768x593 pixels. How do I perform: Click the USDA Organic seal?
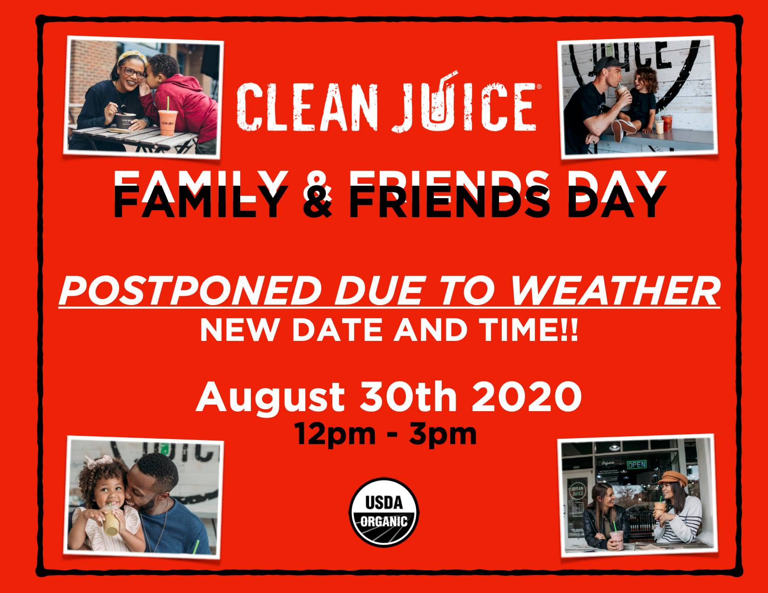click(384, 512)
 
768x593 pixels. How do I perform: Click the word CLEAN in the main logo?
click(307, 107)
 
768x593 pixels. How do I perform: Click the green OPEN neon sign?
click(637, 465)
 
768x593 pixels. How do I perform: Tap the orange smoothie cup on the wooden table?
click(168, 122)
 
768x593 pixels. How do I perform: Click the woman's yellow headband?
click(133, 57)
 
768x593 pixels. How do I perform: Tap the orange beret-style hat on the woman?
click(673, 478)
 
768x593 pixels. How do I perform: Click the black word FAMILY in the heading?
click(199, 201)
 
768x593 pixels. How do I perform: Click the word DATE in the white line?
click(337, 330)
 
